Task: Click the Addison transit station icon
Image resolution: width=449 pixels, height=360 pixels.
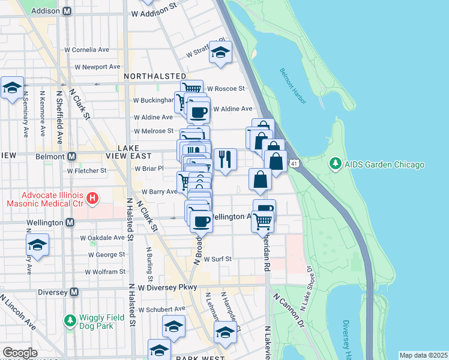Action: [x=67, y=11]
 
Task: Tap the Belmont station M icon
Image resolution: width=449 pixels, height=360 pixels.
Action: [x=71, y=156]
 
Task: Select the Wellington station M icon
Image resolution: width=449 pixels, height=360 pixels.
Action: [x=70, y=223]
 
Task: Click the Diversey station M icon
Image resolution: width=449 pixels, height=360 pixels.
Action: [x=74, y=292]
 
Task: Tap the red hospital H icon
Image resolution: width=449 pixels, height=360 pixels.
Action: [x=92, y=197]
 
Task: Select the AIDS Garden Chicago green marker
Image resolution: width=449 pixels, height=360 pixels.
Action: [x=334, y=164]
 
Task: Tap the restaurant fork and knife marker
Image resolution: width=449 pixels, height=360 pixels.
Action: [x=225, y=159]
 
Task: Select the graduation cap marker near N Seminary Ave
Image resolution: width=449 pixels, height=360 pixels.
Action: [x=12, y=88]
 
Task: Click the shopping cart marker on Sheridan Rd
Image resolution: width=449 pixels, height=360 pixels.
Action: [x=263, y=221]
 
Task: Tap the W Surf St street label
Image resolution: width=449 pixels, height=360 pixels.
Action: [x=218, y=260]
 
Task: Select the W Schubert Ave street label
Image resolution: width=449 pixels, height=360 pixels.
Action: [x=161, y=309]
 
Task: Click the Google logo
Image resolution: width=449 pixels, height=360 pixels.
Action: [x=20, y=353]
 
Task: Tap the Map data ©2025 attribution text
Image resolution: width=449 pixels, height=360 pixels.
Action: [x=423, y=355]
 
